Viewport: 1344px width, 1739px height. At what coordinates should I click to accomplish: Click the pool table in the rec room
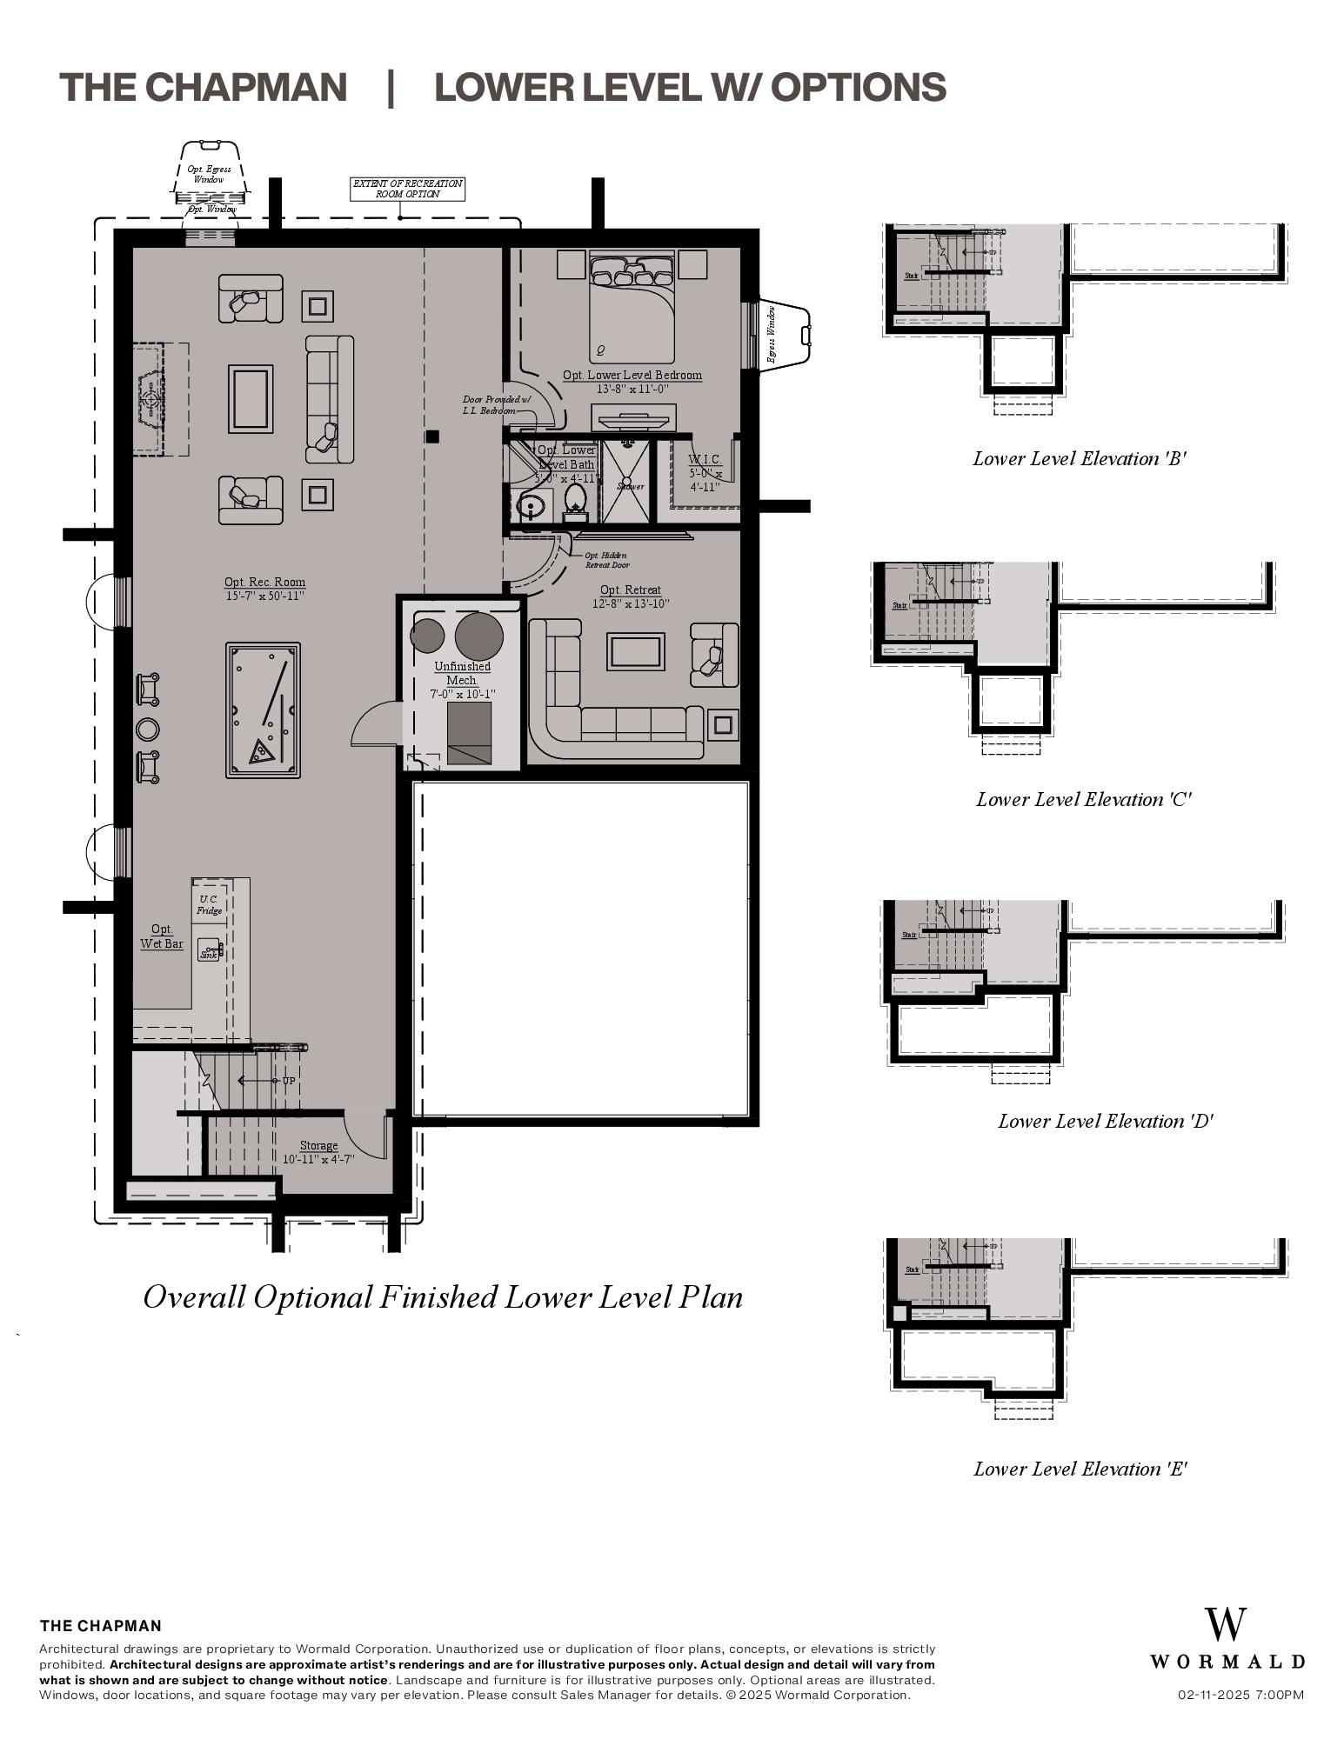(263, 710)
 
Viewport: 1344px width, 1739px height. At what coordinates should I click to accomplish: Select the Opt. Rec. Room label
(264, 589)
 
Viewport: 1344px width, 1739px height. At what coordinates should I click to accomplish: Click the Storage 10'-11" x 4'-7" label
(318, 1152)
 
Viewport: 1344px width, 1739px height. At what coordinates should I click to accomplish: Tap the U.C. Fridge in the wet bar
(209, 904)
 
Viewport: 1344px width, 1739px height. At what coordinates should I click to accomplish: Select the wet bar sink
(209, 950)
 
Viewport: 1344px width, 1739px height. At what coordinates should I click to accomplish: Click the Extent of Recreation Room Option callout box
(407, 189)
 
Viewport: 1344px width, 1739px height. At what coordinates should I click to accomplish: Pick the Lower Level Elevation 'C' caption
(1083, 800)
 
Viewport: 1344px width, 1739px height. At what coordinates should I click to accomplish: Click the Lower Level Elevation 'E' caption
(1080, 1469)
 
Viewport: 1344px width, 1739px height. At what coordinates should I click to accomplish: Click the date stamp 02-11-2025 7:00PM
(1240, 1695)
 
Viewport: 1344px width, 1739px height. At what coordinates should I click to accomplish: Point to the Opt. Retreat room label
(631, 596)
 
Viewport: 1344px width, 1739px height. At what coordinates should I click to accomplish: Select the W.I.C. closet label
(705, 472)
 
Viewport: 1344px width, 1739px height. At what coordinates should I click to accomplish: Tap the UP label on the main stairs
(288, 1081)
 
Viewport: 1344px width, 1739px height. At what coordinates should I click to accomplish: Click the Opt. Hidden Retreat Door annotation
(606, 560)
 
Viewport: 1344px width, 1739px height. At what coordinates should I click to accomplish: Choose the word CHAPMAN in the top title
(245, 88)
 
